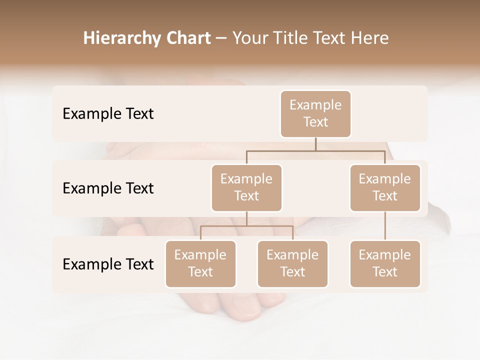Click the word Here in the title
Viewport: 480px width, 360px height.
tap(370, 38)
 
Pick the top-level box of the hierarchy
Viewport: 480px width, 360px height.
tap(315, 113)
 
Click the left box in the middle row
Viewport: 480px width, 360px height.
tap(246, 187)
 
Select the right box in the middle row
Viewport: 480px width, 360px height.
tap(385, 187)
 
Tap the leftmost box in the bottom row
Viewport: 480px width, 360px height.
tap(200, 263)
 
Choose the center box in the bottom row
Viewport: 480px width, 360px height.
tap(292, 263)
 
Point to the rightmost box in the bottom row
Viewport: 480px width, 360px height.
tap(385, 263)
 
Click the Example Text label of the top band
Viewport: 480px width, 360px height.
tap(108, 114)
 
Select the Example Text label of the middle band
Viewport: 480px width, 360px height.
tap(108, 188)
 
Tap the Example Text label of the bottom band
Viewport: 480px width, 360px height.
tap(108, 264)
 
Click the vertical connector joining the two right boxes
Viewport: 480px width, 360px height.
tap(385, 226)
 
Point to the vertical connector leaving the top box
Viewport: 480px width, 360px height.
tap(315, 144)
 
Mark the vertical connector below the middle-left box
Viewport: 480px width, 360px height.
tap(246, 218)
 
